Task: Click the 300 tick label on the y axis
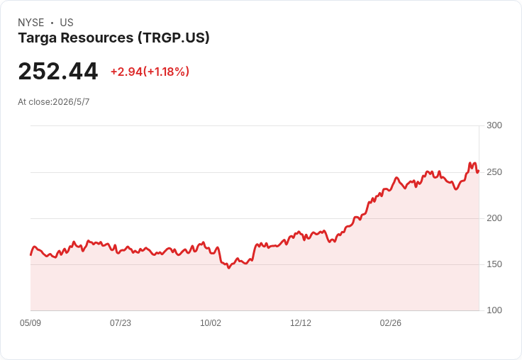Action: point(494,125)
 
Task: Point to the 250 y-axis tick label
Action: point(494,172)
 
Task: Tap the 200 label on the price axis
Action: point(494,218)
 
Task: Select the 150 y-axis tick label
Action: point(494,264)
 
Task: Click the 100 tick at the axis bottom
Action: point(494,310)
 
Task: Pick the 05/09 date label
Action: point(30,323)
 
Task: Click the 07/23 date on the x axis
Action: point(121,323)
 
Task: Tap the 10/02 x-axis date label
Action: point(211,323)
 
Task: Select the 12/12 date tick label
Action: point(301,323)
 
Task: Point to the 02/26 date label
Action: point(391,323)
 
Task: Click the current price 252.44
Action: point(58,72)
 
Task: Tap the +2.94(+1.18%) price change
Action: point(150,72)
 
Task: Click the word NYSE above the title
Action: point(31,23)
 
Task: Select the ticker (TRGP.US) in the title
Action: point(174,38)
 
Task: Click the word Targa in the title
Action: point(38,38)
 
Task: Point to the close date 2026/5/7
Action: point(71,102)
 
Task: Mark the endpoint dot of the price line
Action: point(478,171)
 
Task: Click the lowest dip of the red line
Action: point(228,268)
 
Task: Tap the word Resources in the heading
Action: point(97,38)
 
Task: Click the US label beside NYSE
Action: point(67,23)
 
